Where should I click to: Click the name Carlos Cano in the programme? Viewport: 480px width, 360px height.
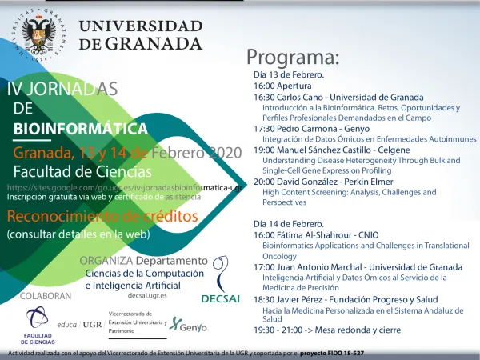[x=300, y=97]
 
